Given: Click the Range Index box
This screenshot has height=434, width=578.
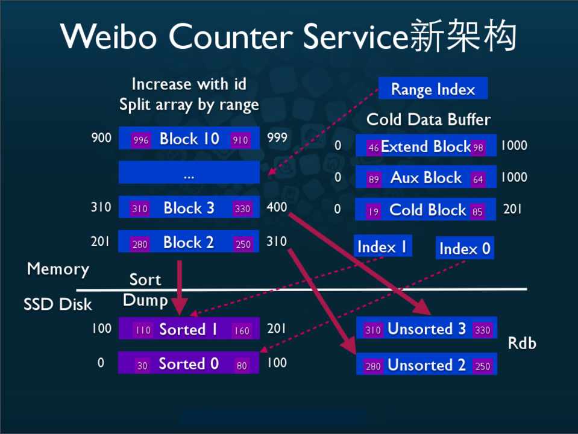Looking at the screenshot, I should point(433,89).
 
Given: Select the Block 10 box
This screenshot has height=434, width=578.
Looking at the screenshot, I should point(189,139).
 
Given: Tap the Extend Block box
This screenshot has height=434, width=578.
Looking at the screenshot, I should point(426,146).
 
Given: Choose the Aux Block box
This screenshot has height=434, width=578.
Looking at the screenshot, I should point(426,178).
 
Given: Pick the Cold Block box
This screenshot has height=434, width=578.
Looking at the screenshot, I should point(426,210).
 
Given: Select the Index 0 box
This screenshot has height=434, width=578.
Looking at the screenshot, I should point(465,248).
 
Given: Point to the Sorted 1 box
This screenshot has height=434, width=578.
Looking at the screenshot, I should point(189,329).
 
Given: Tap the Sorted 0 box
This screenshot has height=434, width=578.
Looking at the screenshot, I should point(189,363).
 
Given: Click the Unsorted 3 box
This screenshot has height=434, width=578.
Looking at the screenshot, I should point(426,329).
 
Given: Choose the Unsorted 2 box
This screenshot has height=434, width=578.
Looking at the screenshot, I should point(426,365).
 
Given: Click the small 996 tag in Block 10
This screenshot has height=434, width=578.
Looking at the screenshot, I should point(141,140).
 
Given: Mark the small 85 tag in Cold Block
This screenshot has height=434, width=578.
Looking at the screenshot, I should point(478,212).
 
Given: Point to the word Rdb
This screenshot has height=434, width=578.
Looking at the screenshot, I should point(521,343).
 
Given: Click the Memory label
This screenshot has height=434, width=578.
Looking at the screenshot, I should point(58,269).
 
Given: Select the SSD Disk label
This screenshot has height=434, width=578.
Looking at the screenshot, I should point(58,304).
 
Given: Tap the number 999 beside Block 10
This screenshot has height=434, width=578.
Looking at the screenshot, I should point(277,138).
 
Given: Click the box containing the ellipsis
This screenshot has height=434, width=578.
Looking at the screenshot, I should point(189,173).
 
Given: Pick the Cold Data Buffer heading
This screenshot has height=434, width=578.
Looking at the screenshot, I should point(429,119).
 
